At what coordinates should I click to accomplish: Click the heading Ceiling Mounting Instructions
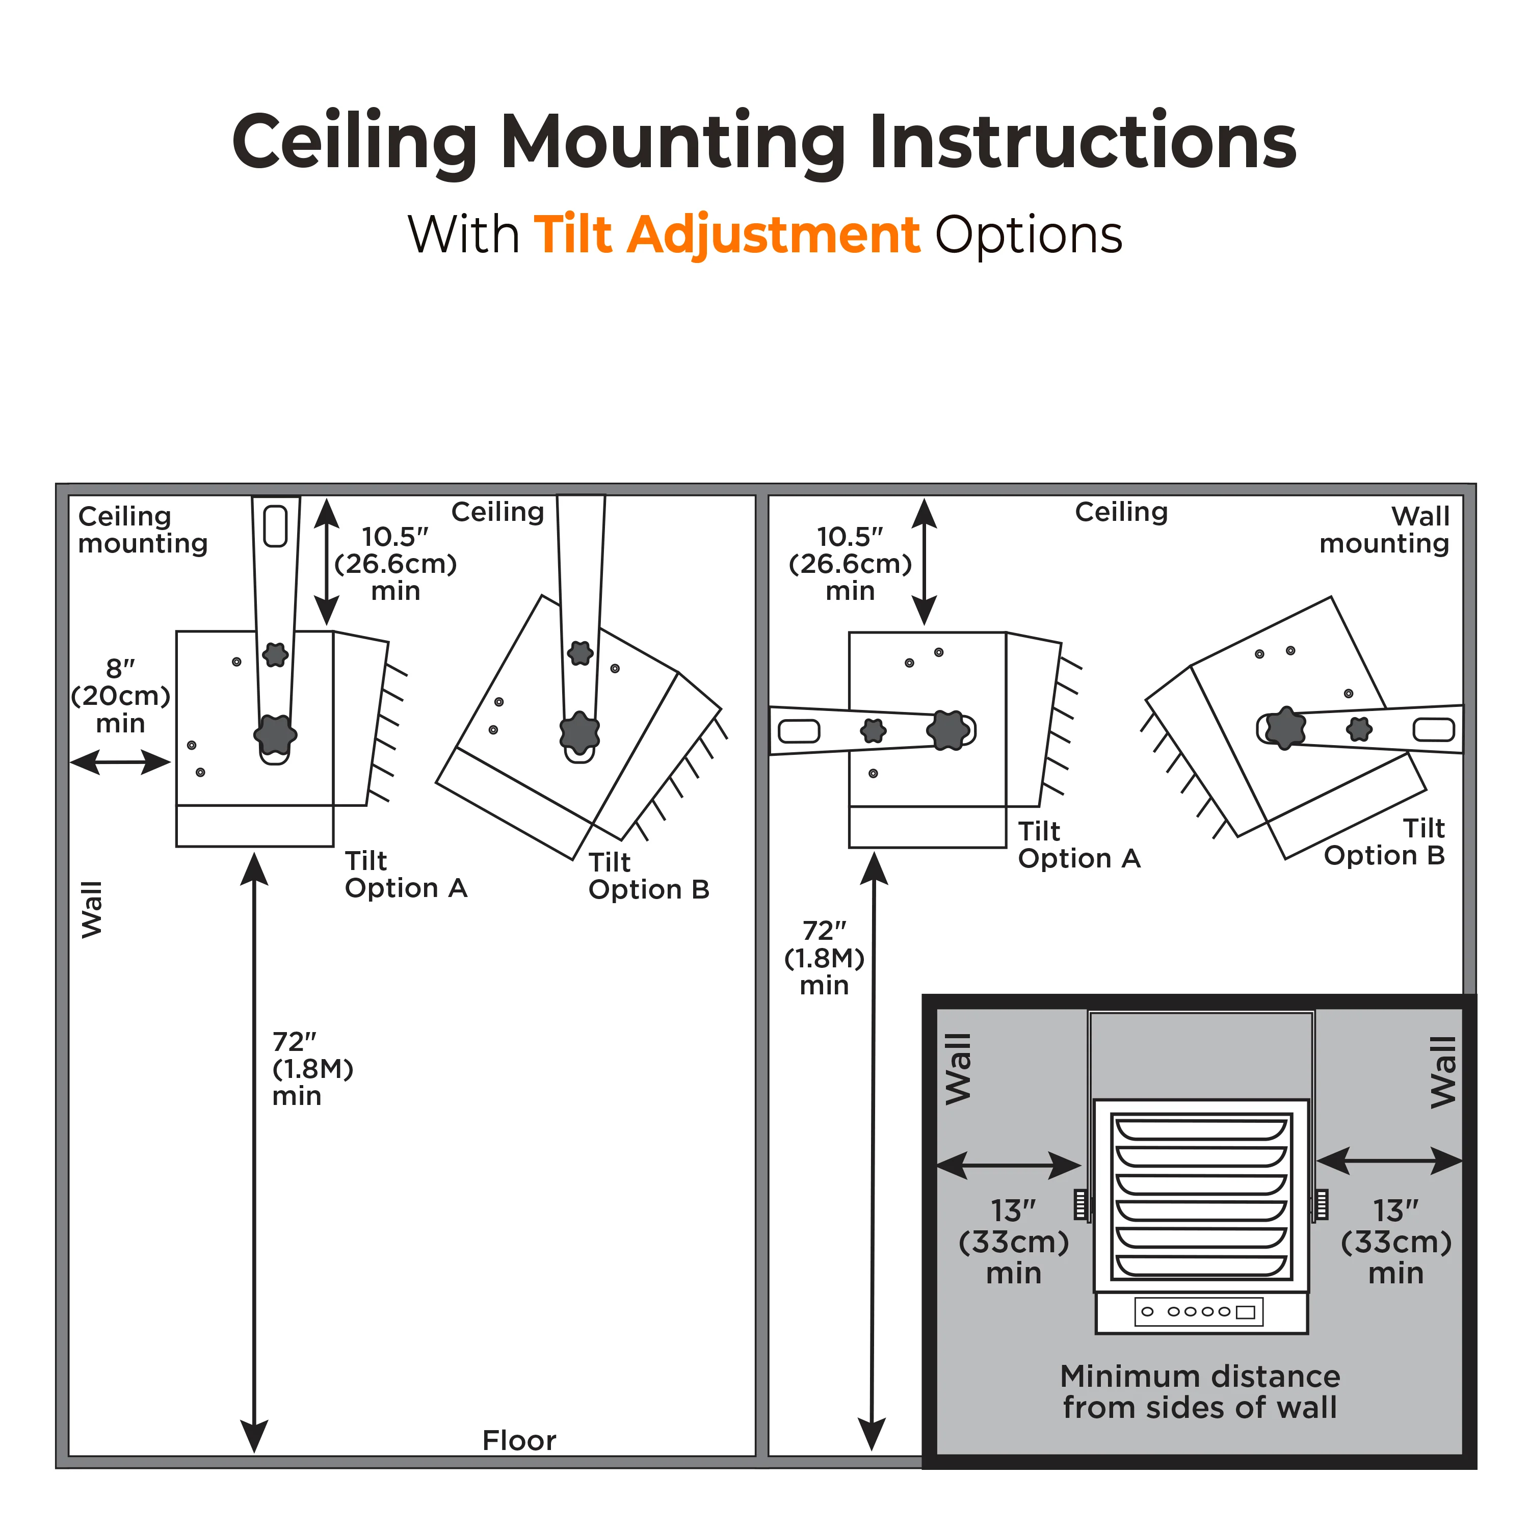(763, 143)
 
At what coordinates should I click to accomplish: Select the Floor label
(519, 1440)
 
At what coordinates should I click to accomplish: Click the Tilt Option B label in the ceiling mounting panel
(649, 876)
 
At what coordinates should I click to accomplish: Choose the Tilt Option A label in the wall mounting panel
(1078, 845)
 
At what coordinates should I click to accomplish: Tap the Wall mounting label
(1384, 530)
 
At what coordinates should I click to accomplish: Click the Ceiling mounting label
(143, 530)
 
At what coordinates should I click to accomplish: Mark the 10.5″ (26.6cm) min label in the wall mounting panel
(850, 564)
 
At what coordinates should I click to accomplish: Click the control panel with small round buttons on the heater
(1199, 1311)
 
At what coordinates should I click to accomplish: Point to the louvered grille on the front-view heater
(1201, 1196)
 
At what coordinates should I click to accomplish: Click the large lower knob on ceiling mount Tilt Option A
(275, 734)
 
